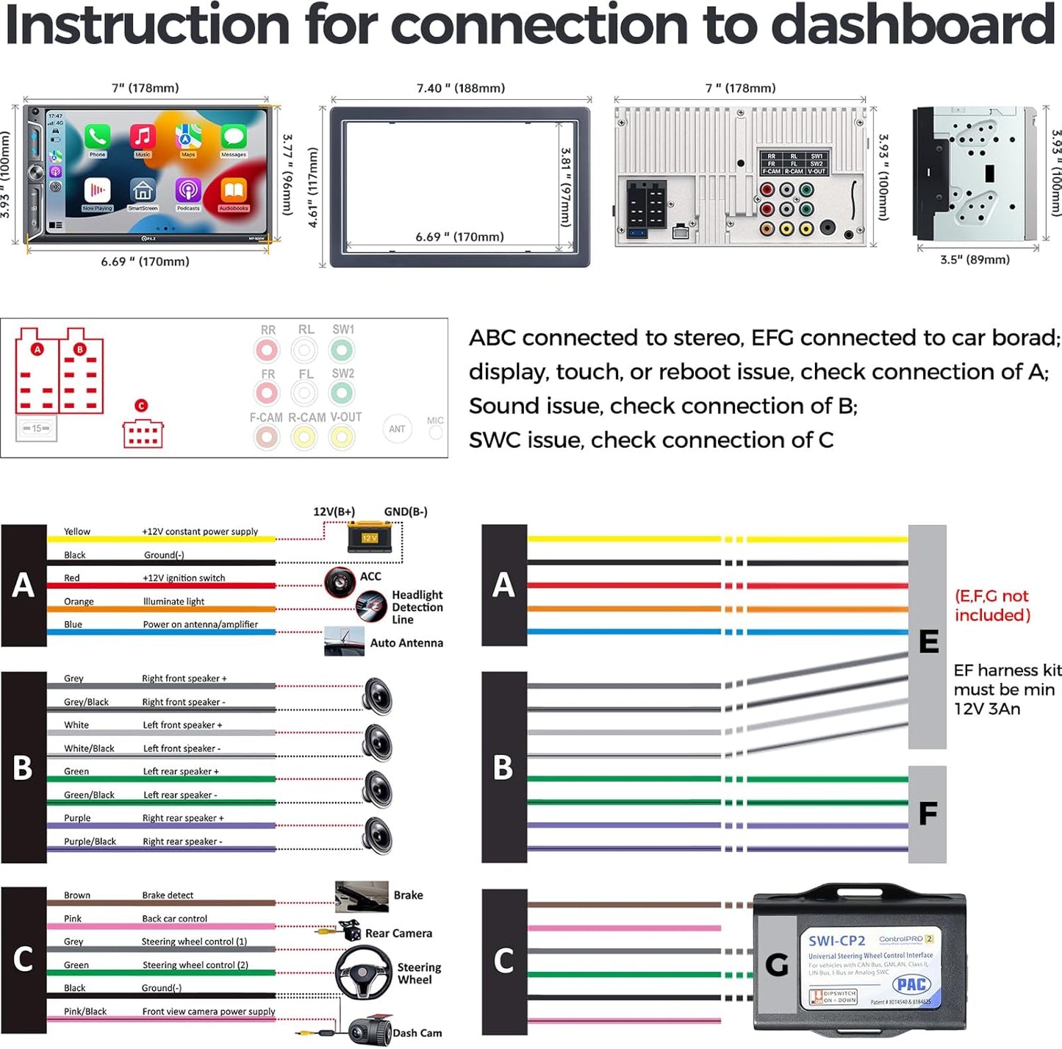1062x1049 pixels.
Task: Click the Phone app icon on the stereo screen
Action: pos(97,137)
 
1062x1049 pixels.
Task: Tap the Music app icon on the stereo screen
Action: pos(143,137)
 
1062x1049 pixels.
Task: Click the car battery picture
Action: pos(370,537)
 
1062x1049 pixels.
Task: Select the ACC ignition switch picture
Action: pos(340,582)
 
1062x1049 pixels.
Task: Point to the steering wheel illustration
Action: pos(364,972)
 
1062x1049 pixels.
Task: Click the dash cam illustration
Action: pos(370,1031)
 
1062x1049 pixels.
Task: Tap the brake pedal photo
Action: pos(362,896)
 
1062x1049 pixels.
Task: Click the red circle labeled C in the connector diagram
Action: pos(141,405)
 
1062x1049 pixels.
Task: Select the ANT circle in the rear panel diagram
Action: pos(397,429)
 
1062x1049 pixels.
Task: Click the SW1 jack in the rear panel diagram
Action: pos(342,350)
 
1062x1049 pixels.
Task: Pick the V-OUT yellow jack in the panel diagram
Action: pos(342,437)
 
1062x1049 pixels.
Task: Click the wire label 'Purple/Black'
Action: pos(90,842)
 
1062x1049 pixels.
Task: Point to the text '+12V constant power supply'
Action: pos(200,531)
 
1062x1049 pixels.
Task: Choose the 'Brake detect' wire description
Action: pos(168,895)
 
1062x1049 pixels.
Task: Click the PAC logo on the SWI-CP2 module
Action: pos(911,984)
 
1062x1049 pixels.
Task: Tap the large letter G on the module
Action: pos(777,964)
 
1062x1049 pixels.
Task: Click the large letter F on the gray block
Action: pos(928,814)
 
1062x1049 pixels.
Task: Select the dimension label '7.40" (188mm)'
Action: pos(461,88)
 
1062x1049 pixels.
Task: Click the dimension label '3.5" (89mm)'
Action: pos(975,259)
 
